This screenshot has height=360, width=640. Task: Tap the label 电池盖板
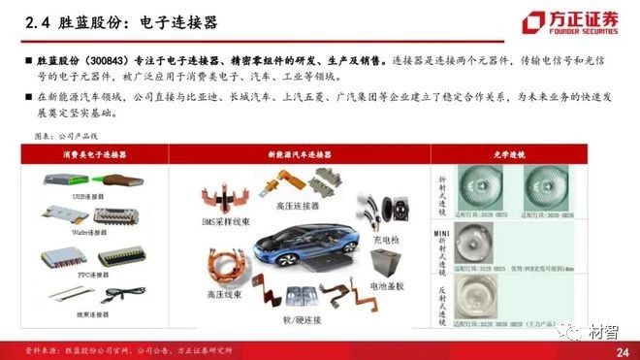tap(391, 289)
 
